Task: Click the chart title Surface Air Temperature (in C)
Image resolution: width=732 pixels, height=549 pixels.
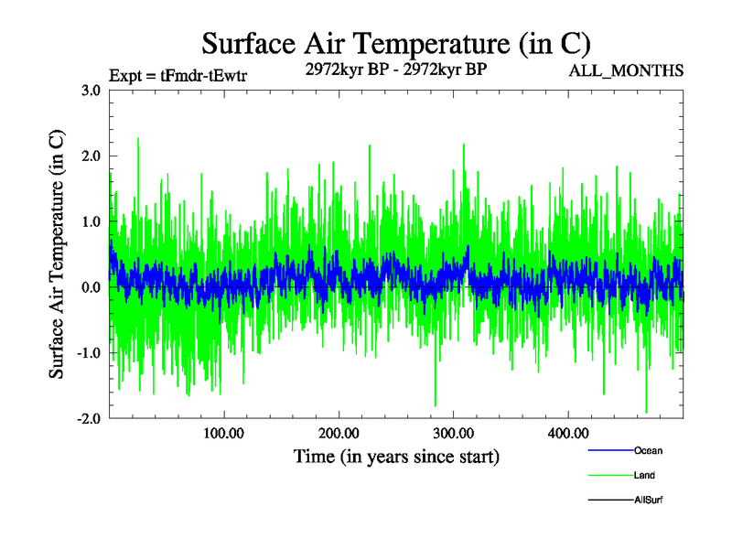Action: coord(396,43)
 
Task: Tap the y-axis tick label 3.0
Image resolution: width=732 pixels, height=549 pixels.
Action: coord(90,91)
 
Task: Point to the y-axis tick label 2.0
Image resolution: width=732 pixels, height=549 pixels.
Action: coord(90,156)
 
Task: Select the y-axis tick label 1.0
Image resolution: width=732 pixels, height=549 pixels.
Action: coord(90,221)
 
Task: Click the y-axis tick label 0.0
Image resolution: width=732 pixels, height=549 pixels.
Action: coord(90,287)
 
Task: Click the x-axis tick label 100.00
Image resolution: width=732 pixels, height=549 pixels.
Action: coord(223,433)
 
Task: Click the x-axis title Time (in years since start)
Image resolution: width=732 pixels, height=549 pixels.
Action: coord(396,456)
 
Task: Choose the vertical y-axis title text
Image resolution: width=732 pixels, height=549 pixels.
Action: coord(57,254)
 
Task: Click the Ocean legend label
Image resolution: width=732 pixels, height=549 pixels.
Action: coord(648,450)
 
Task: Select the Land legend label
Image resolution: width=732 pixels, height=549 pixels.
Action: coord(644,475)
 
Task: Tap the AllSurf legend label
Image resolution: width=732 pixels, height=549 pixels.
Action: coord(649,500)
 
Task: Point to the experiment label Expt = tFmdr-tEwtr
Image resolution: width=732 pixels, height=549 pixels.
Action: coord(177,75)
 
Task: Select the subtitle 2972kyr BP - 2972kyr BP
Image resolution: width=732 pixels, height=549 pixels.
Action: coord(396,69)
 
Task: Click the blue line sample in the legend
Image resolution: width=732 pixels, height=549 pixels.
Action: coord(608,450)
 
